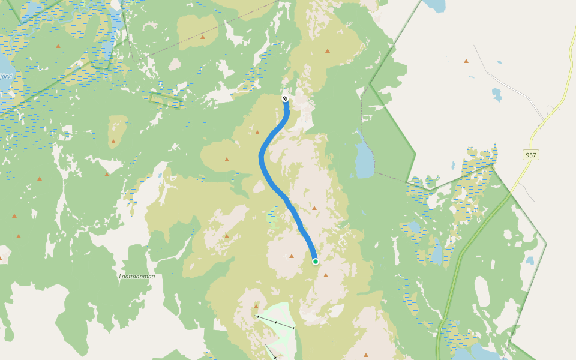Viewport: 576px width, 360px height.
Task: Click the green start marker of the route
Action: tap(315, 261)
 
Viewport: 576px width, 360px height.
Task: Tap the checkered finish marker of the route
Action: tap(285, 98)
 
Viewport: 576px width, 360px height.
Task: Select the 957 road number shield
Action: tap(530, 155)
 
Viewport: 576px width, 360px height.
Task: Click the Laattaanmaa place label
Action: tap(137, 276)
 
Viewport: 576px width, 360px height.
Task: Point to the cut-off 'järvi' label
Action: tap(5, 76)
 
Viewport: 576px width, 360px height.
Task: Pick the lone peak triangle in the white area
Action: tap(466, 61)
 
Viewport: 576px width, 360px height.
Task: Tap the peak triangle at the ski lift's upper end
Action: tap(256, 306)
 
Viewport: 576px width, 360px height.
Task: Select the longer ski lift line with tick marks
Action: tap(275, 322)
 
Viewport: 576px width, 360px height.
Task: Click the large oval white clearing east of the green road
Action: tap(482, 291)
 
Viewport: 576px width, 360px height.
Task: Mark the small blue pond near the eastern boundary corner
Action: tap(529, 260)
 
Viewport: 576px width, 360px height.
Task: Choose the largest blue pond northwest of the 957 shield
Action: tap(496, 94)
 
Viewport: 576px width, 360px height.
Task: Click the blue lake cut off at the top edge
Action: tap(436, 5)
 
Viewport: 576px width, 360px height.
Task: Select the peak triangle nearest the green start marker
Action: tap(326, 275)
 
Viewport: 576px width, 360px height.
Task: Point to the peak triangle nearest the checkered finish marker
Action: tap(257, 132)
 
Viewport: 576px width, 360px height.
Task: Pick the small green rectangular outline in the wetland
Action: tap(165, 101)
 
